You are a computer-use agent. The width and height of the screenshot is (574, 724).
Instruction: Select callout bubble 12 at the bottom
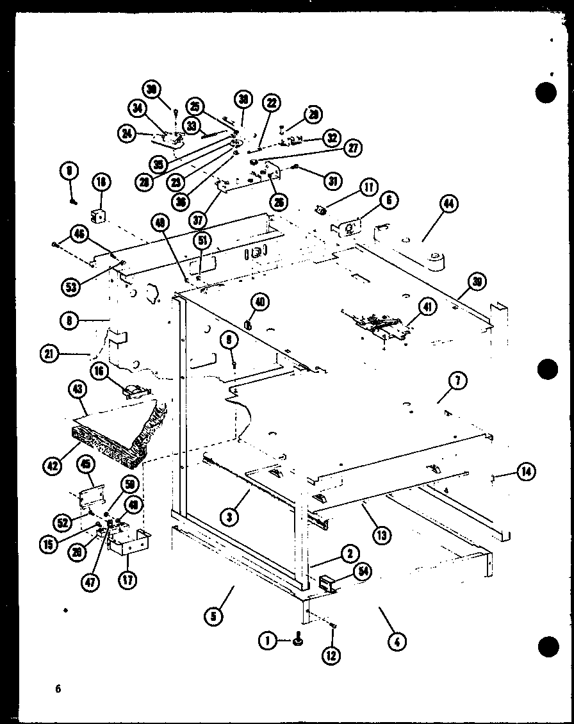[332, 655]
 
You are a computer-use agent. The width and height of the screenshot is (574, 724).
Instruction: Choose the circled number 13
[382, 534]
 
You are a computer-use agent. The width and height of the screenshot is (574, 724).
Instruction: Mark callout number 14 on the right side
[525, 472]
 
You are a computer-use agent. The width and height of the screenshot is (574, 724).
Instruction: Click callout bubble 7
[459, 382]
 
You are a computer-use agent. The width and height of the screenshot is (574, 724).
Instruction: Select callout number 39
[477, 281]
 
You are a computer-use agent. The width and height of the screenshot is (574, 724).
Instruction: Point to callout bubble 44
[449, 204]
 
